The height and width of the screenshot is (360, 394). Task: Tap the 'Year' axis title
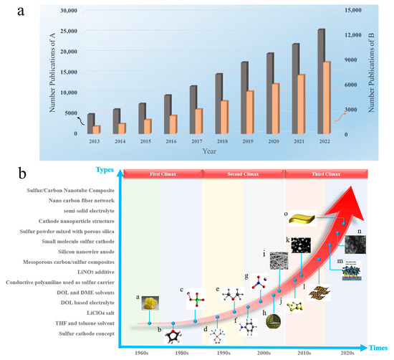(209, 151)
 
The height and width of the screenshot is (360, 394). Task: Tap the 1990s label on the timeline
(224, 353)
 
